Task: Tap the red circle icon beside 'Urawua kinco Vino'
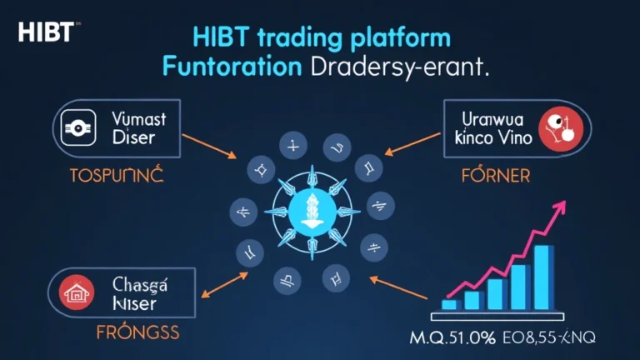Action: [x=557, y=127]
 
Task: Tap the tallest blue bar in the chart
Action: [x=544, y=276]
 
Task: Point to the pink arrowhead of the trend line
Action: [x=561, y=208]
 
